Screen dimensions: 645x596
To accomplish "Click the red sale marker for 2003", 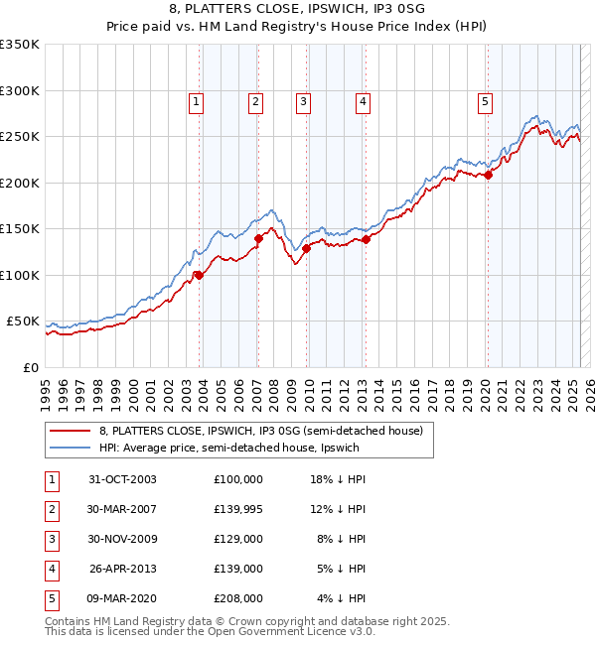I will click(200, 275).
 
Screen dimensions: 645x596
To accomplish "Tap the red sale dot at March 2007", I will click(259, 238).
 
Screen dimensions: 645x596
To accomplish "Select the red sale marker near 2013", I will click(366, 239).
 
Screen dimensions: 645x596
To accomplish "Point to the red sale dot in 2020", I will click(488, 176).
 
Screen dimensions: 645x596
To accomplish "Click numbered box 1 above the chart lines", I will click(196, 100).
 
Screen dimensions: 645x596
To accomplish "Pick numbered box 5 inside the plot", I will click(485, 100).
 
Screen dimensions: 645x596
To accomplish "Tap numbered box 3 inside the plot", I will click(302, 100).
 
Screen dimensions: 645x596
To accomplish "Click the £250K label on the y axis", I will click(20, 137).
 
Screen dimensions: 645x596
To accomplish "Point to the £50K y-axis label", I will click(23, 322).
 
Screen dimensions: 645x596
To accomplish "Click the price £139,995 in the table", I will click(237, 509).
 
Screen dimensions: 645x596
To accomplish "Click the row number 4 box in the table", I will click(51, 569).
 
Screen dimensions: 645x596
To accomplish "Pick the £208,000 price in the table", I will click(237, 598).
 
